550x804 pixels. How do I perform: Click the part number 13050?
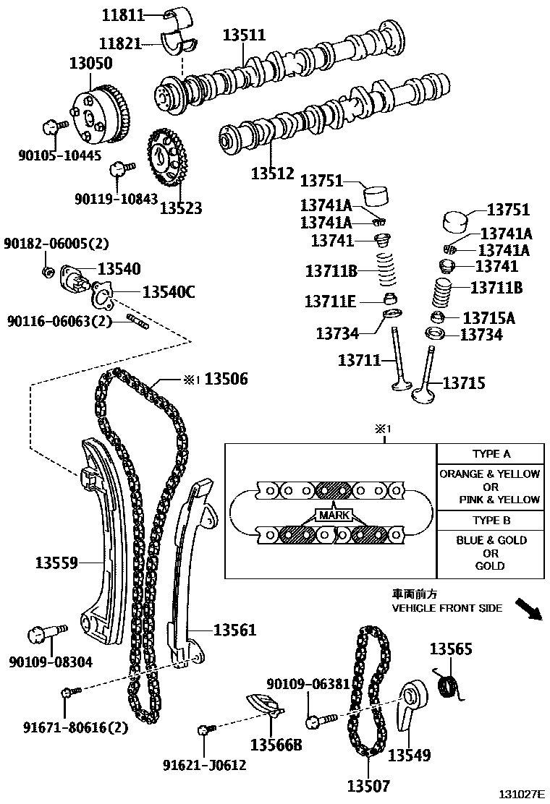[x=90, y=64]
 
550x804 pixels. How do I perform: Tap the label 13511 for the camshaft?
[x=244, y=35]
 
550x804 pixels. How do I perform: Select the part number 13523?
[x=181, y=208]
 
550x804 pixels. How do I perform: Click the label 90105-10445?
[x=60, y=155]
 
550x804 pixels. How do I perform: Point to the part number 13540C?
[x=169, y=292]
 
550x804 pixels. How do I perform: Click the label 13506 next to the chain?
[x=226, y=379]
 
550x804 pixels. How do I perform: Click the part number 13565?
[x=452, y=649]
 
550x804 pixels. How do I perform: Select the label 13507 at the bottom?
[x=368, y=786]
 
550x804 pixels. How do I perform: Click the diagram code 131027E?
[x=520, y=794]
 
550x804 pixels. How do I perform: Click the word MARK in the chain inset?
[x=332, y=516]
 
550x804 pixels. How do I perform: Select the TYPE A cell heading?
[x=491, y=454]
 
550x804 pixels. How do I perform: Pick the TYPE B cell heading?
[x=491, y=520]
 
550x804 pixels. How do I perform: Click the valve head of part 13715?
[x=423, y=395]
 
